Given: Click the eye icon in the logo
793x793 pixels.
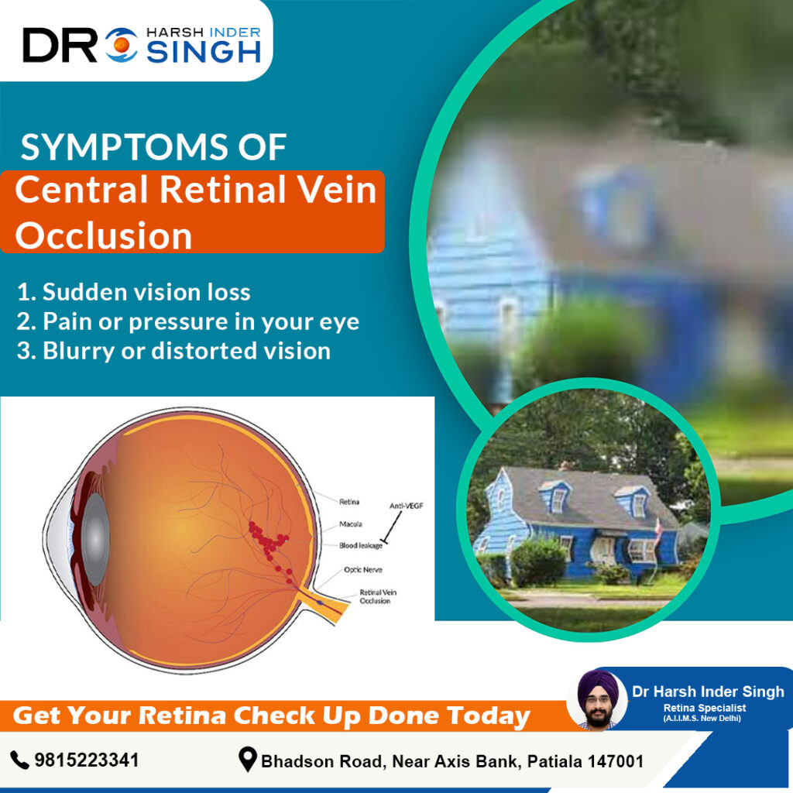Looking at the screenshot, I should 121,46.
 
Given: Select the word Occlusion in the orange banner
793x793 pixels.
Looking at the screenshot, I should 104,235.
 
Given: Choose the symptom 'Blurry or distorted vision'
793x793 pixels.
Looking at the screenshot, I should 173,350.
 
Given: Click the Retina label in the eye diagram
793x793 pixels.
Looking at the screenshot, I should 349,502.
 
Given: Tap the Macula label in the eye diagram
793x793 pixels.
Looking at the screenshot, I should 351,524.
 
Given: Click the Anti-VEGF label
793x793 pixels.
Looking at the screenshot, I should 407,506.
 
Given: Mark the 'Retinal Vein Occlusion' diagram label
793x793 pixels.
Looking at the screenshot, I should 375,596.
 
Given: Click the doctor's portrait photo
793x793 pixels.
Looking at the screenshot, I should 598,699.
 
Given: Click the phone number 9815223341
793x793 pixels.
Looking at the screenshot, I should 87,760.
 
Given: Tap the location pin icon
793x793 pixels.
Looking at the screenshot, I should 248,760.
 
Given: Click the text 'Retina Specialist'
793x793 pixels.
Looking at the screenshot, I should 699,708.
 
